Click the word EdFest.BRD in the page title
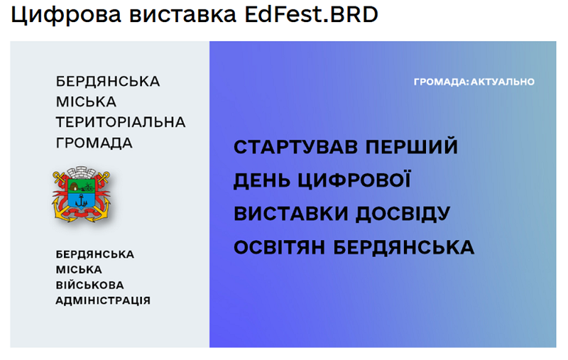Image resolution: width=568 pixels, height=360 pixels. pyautogui.click(x=312, y=14)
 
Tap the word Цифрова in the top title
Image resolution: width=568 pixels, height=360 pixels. pyautogui.click(x=66, y=16)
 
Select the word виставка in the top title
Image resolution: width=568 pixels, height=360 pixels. pyautogui.click(x=183, y=15)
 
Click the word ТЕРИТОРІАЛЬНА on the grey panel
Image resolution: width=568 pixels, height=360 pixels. pyautogui.click(x=120, y=122)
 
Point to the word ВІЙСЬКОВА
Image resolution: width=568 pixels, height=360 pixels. pyautogui.click(x=90, y=285)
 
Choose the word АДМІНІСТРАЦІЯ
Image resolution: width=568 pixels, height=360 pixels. pyautogui.click(x=103, y=300)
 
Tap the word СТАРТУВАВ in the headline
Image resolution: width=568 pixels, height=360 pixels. pyautogui.click(x=295, y=147)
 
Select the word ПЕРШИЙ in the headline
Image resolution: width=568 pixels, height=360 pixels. pyautogui.click(x=412, y=146)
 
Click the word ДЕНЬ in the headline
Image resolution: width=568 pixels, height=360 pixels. pyautogui.click(x=261, y=181)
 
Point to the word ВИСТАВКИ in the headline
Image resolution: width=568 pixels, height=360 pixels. pyautogui.click(x=291, y=214)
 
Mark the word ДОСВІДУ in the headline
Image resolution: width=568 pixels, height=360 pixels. pyautogui.click(x=403, y=214)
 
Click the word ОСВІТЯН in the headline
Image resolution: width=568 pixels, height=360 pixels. pyautogui.click(x=279, y=247)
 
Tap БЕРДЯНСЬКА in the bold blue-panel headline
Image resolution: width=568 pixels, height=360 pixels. pyautogui.click(x=403, y=247)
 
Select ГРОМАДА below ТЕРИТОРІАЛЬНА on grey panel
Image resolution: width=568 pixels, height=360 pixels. pyautogui.click(x=94, y=143)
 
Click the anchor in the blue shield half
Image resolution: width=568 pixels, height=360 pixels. pyautogui.click(x=82, y=200)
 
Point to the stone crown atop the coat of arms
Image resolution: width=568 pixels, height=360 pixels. pyautogui.click(x=82, y=172)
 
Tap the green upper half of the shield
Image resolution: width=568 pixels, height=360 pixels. pyautogui.click(x=82, y=186)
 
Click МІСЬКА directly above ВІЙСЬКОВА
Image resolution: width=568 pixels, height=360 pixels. pyautogui.click(x=79, y=270)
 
